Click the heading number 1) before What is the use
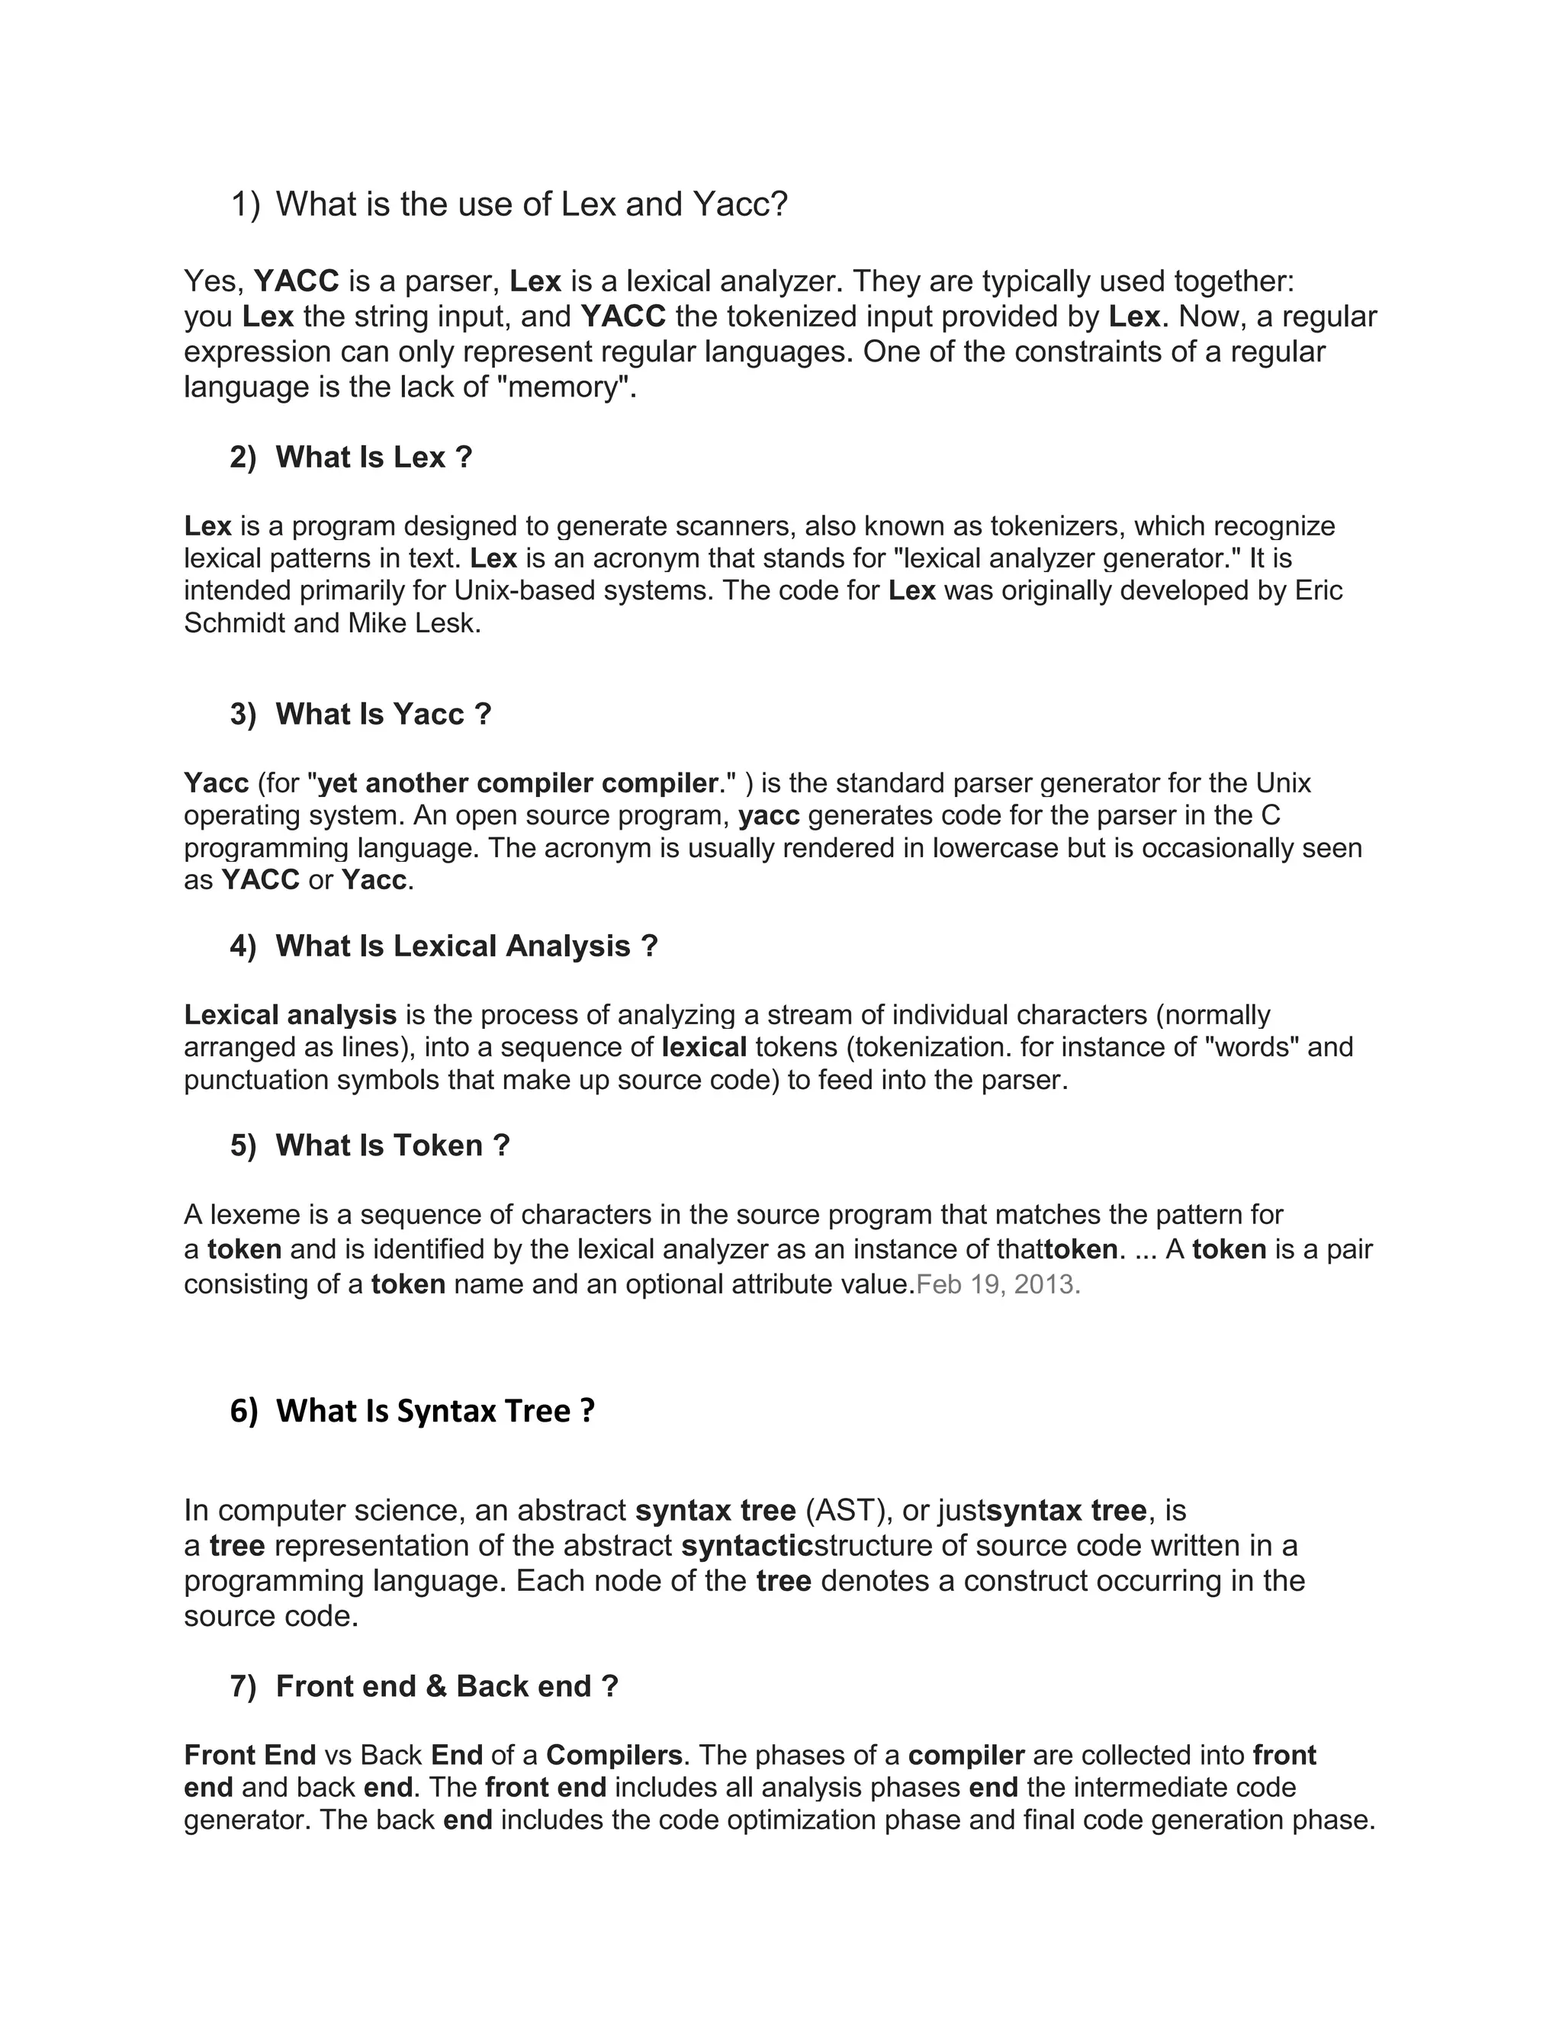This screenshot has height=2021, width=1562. [x=246, y=204]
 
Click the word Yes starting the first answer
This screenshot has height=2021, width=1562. [x=213, y=281]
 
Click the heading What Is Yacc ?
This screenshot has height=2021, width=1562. [x=383, y=715]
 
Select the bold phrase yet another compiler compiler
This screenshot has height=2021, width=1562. [x=517, y=783]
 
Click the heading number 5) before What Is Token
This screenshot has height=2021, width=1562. [x=243, y=1145]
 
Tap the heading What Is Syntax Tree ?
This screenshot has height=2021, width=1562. [x=435, y=1411]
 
